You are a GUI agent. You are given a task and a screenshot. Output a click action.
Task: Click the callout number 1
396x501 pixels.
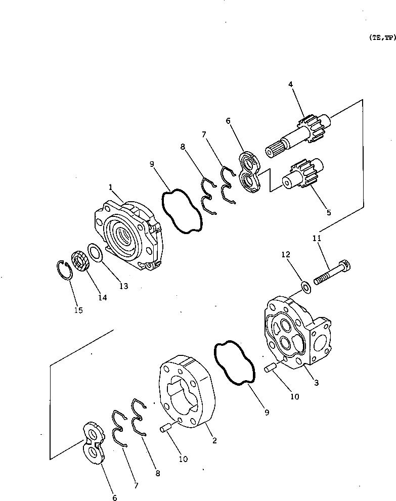coord(110,188)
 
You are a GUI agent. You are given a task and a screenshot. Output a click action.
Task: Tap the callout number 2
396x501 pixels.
coord(214,440)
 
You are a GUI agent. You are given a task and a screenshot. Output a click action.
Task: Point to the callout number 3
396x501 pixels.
coord(316,383)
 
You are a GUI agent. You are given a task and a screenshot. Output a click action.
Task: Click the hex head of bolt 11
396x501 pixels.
coord(346,265)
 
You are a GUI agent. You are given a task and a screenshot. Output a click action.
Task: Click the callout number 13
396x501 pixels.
coord(123,286)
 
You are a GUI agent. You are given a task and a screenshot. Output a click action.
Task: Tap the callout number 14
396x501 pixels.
coord(102,298)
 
